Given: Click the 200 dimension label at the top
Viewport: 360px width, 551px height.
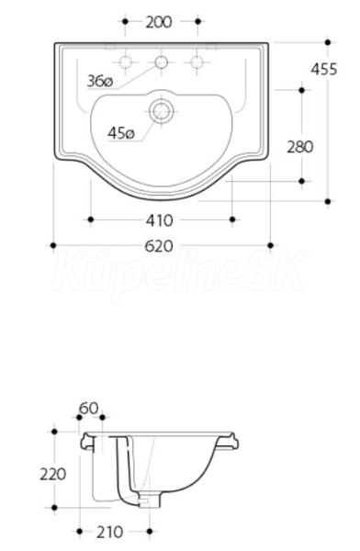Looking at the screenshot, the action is pos(159,22).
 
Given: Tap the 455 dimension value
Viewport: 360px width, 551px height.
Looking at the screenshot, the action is pos(324,69).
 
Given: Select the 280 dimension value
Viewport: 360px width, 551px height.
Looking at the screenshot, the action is pos(300,147).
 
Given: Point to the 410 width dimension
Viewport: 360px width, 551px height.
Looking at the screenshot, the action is pos(160,220).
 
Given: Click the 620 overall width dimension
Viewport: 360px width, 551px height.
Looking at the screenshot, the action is pos(159,246).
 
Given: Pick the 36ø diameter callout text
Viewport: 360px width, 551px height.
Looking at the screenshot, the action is pos(100,82).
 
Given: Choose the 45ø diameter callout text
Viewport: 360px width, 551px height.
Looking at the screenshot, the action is pos(121,133).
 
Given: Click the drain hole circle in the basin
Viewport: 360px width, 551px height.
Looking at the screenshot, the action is pos(162,111).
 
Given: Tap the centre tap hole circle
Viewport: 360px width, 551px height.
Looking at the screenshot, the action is pos(162,62).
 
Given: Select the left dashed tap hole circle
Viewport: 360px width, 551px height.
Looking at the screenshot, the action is pos(125,62).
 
